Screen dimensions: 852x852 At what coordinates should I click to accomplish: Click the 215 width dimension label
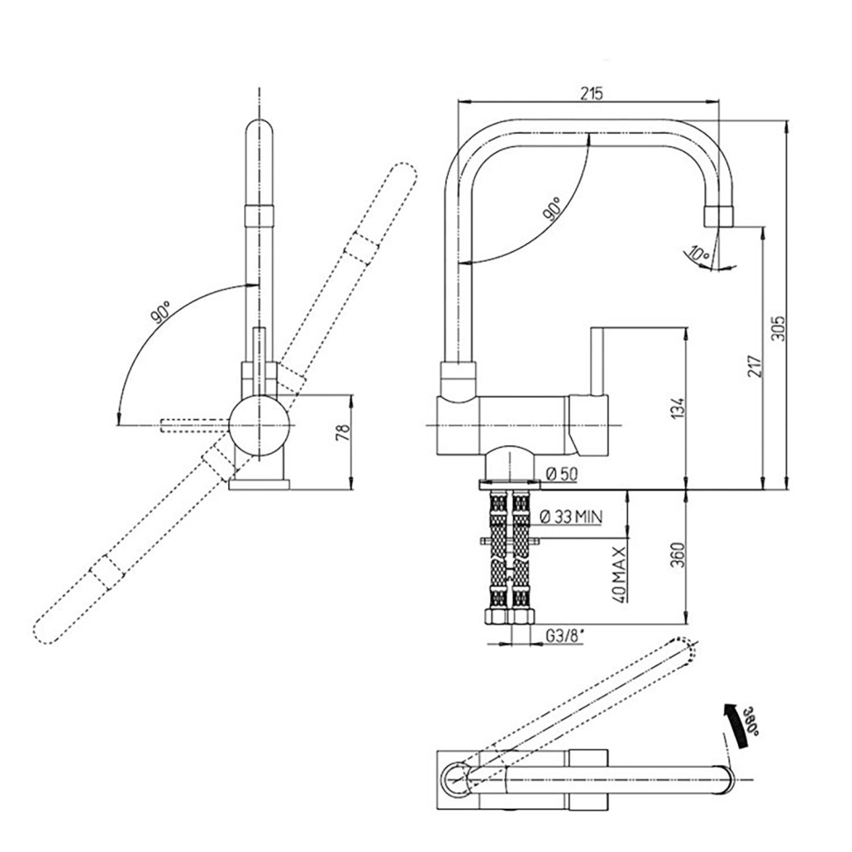click(591, 93)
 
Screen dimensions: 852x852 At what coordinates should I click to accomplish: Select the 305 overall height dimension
click(778, 328)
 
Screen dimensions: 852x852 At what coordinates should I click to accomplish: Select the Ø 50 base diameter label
click(562, 474)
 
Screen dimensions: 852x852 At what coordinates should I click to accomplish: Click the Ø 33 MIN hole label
click(571, 516)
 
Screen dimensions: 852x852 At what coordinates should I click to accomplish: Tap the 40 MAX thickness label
click(620, 574)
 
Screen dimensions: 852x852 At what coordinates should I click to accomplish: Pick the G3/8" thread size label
click(564, 636)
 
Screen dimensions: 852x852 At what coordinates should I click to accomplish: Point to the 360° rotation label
click(751, 720)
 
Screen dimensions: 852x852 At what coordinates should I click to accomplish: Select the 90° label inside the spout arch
click(552, 210)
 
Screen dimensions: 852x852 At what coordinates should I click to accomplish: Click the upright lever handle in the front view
click(597, 361)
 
